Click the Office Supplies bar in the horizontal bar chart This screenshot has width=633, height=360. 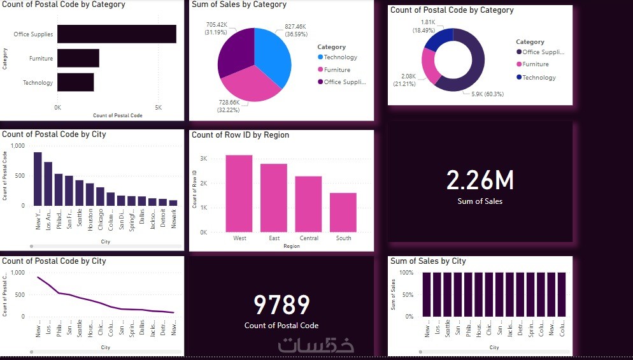pos(117,34)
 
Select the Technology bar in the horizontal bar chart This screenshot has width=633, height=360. pos(75,82)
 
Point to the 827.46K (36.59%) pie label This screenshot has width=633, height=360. pos(291,31)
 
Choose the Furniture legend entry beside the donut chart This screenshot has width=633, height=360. pos(535,64)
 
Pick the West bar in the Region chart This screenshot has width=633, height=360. pos(239,194)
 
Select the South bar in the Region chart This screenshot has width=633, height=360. pos(343,212)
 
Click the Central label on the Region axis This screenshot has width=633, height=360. pos(309,238)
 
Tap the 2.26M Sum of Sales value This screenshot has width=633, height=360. pos(480,181)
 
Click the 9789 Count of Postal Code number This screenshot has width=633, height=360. pos(281,306)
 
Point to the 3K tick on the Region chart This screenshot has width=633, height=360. pos(204,159)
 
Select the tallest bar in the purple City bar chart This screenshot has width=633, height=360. pos(38,179)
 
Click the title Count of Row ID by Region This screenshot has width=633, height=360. pos(240,135)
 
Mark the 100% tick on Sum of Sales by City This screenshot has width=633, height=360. pos(406,273)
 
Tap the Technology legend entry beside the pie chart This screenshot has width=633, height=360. pos(340,57)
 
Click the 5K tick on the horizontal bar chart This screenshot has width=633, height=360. pos(158,107)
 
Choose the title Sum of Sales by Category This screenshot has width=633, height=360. pos(239,4)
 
